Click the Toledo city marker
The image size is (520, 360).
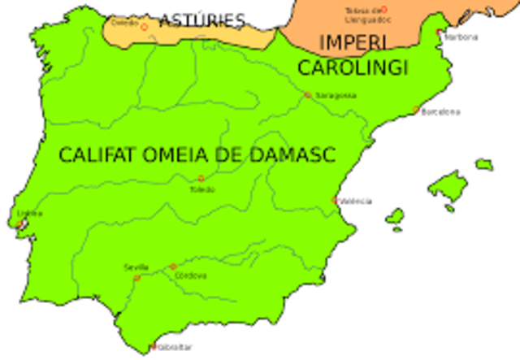201,179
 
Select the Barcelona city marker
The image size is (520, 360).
416,111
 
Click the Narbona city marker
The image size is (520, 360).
440,33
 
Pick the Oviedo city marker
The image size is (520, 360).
144,27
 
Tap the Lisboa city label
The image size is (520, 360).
29,214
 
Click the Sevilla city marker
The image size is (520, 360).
136,278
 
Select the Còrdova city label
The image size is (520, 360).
191,275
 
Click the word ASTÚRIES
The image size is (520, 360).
201,20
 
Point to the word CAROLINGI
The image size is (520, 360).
352,68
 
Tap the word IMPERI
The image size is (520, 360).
353,42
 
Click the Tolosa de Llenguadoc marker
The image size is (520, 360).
384,10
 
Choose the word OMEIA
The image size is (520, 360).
185,154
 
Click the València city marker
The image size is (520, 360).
335,199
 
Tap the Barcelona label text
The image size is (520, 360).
441,111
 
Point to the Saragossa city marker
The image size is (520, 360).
308,95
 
